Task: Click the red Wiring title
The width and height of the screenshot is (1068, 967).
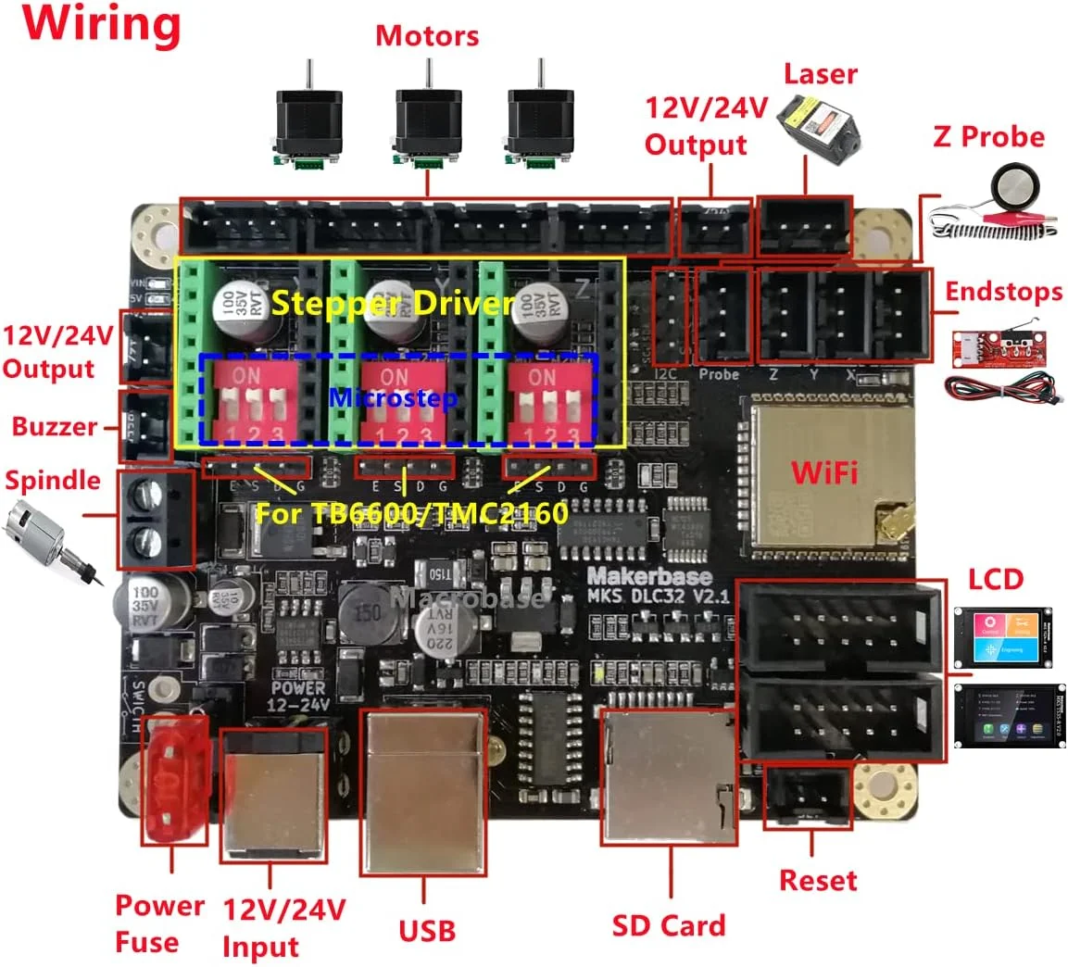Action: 103,25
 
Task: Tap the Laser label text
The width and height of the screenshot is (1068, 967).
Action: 820,74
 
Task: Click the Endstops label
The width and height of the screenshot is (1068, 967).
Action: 1003,292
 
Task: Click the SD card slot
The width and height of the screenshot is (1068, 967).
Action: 670,776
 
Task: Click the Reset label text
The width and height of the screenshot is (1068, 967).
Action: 818,880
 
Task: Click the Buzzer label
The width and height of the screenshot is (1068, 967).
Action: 54,427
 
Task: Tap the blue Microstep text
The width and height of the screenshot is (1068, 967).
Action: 393,398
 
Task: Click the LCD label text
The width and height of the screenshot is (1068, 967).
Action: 996,580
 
